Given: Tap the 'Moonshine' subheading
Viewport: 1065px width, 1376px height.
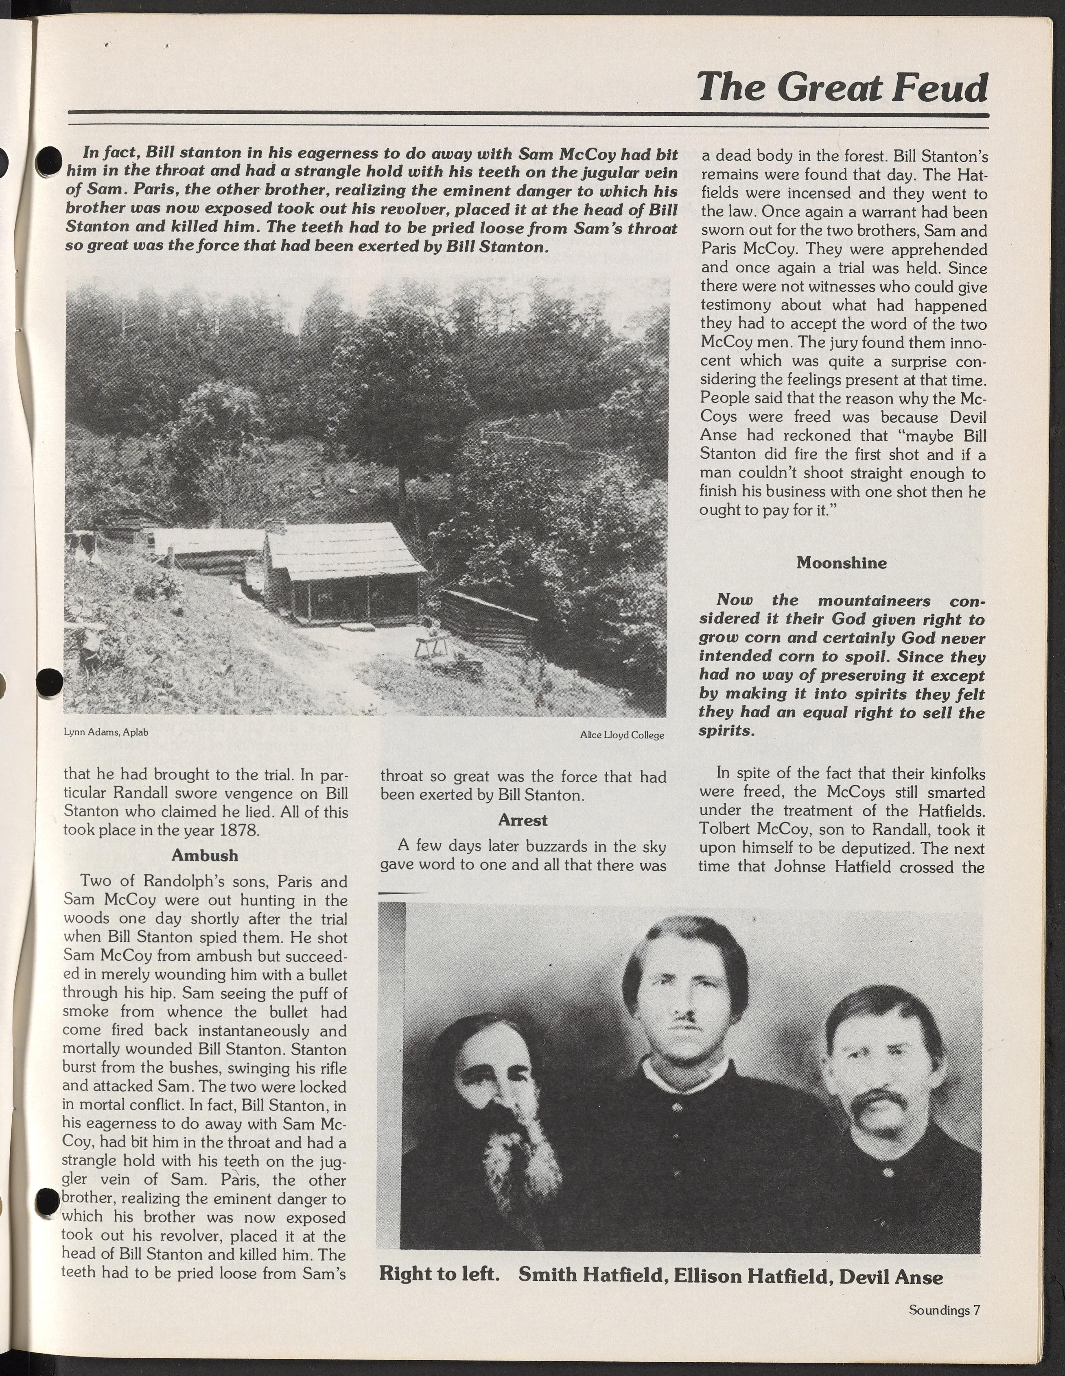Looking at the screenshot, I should [x=841, y=563].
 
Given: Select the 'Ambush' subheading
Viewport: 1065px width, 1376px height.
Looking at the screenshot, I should [x=205, y=855].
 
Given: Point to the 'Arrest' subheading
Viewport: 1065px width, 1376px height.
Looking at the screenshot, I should [x=523, y=820].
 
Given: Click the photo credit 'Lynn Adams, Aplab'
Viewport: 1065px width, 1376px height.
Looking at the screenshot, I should [x=106, y=732].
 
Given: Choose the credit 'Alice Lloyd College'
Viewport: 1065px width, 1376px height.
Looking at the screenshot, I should [x=622, y=735].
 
